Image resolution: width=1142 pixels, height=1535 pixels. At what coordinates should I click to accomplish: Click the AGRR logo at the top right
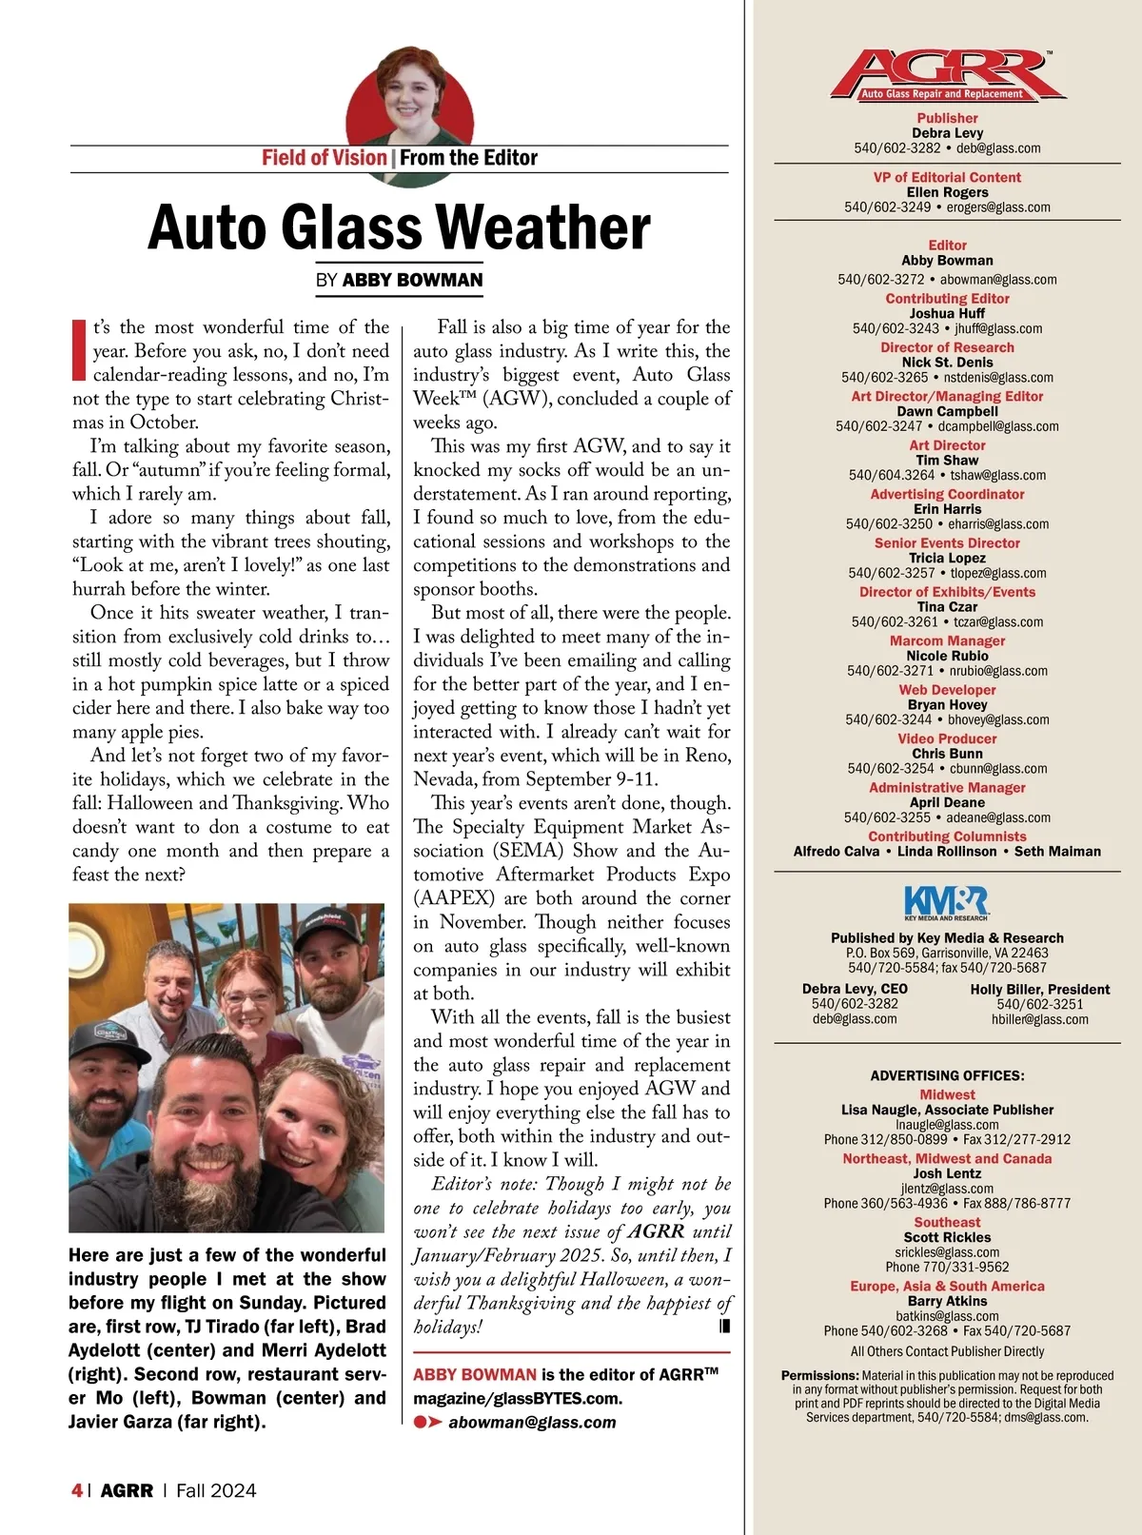click(947, 75)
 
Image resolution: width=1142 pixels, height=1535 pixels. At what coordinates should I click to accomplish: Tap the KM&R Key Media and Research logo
click(946, 902)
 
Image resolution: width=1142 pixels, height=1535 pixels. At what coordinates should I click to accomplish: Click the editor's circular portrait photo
click(409, 96)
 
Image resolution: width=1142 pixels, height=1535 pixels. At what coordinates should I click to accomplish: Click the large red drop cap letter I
click(80, 349)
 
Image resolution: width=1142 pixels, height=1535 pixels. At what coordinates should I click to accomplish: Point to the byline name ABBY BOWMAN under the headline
click(412, 280)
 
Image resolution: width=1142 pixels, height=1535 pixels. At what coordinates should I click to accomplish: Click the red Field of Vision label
click(324, 158)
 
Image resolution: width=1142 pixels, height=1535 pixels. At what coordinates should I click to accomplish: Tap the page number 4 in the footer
click(76, 1490)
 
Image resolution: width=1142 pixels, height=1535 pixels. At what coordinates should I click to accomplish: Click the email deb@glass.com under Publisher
click(998, 148)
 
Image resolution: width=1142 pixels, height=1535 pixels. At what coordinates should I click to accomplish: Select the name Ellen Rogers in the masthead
click(947, 192)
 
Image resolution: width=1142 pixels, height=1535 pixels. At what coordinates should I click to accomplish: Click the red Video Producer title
click(947, 738)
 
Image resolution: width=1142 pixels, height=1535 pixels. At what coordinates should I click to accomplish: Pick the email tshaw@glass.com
click(997, 475)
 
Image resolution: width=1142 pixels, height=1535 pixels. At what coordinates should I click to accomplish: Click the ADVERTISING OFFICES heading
click(947, 1075)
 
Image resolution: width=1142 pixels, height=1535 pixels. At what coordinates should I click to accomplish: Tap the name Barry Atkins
click(947, 1301)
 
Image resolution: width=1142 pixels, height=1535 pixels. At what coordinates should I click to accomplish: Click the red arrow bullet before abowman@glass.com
click(428, 1422)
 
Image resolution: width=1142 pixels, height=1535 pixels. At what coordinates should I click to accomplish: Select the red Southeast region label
click(947, 1222)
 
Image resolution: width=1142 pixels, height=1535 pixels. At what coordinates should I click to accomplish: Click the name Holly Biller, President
click(1040, 989)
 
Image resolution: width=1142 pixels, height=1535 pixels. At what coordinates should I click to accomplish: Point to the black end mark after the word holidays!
click(725, 1326)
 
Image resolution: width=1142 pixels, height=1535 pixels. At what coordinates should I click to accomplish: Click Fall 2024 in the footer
click(216, 1490)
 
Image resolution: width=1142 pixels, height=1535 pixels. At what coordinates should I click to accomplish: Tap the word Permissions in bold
click(819, 1375)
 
